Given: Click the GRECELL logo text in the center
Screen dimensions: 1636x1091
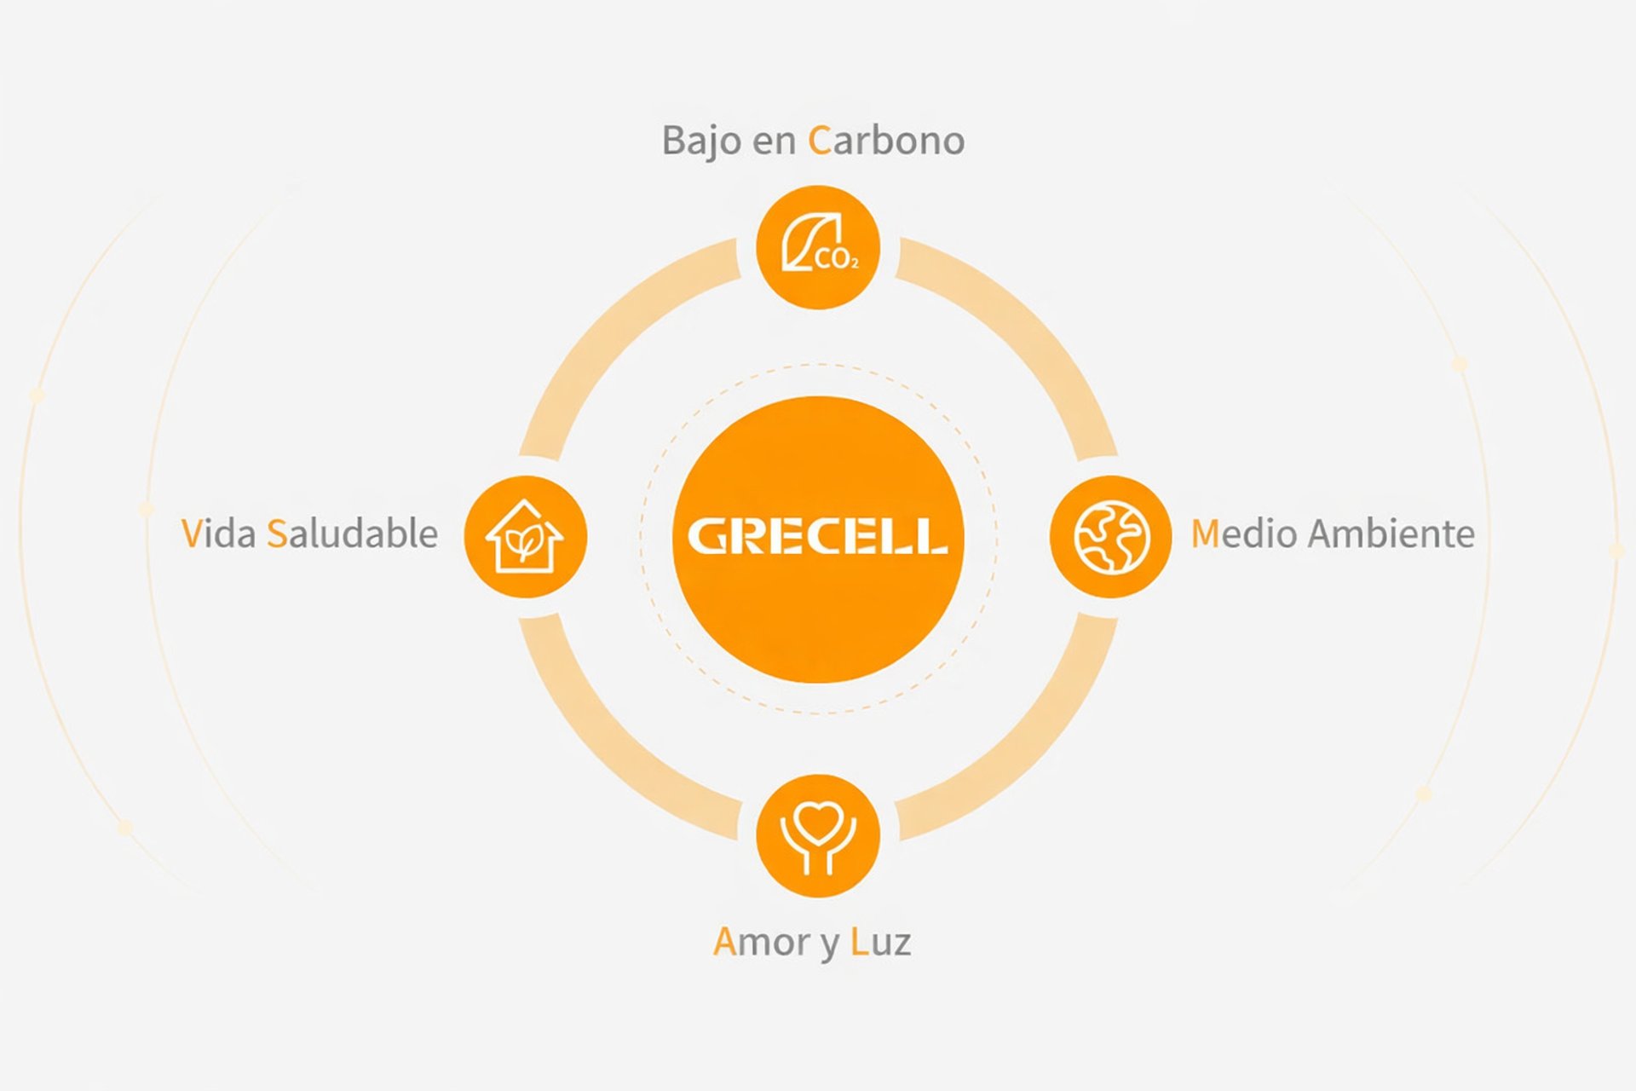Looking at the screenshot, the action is tap(817, 537).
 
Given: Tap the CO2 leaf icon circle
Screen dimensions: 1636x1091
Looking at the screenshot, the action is tap(818, 247).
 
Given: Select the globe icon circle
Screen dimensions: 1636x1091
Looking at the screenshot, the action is tap(1110, 537).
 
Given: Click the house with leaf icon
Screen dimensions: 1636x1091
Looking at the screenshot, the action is tap(525, 537).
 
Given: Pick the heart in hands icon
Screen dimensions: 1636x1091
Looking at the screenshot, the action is tap(818, 835).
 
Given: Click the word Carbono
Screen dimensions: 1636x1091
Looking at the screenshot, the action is tap(886, 141).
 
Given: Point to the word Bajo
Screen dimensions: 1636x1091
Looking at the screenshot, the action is tap(700, 141).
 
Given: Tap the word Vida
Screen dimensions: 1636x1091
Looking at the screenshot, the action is tap(218, 534).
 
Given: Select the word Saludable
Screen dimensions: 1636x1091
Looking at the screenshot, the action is tap(352, 534).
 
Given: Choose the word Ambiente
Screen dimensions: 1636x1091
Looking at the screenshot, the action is tap(1391, 534).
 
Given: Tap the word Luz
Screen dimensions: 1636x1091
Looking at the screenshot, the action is tap(881, 942).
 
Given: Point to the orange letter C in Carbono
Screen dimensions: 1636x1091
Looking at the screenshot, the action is tap(819, 141).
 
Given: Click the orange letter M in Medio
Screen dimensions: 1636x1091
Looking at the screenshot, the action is tap(1205, 534).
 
